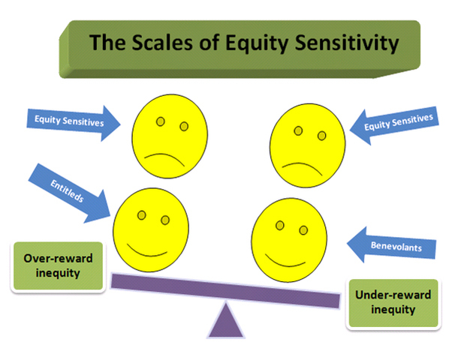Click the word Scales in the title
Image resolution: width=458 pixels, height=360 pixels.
coord(161,43)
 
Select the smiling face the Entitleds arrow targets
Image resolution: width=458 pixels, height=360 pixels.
coord(150,227)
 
